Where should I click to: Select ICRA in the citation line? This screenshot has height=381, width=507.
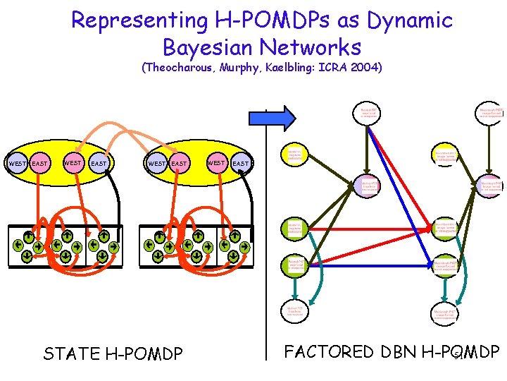pyautogui.click(x=330, y=68)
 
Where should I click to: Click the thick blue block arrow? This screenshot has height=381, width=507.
pyautogui.click(x=284, y=117)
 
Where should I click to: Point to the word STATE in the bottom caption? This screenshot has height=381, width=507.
pyautogui.click(x=71, y=353)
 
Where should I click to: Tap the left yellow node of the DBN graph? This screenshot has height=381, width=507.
pyautogui.click(x=294, y=154)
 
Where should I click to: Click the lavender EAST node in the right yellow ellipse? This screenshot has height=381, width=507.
pyautogui.click(x=241, y=164)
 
